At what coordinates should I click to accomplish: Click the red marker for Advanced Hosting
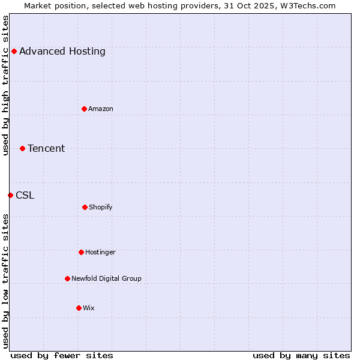(14, 51)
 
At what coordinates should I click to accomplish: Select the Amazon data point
(84, 109)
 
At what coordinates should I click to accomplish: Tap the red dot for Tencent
(22, 148)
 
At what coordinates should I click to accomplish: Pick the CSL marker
(10, 195)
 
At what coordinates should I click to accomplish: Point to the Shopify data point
(85, 207)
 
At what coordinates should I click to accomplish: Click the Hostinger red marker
(81, 252)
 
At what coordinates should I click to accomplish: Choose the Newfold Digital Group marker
(67, 278)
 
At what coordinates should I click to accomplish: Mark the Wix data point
(79, 308)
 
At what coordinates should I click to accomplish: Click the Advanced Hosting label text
(62, 51)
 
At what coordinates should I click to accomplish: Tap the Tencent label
(46, 148)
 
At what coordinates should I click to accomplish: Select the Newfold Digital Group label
(106, 278)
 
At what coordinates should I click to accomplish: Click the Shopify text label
(100, 207)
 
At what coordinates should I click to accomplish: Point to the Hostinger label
(100, 252)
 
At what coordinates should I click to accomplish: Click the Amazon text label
(100, 109)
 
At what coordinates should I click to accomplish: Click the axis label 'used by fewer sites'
(62, 355)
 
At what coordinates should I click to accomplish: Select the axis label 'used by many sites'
(301, 355)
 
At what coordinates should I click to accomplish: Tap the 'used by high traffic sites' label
(5, 85)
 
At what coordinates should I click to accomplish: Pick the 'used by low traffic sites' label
(5, 281)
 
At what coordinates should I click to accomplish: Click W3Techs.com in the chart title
(305, 5)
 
